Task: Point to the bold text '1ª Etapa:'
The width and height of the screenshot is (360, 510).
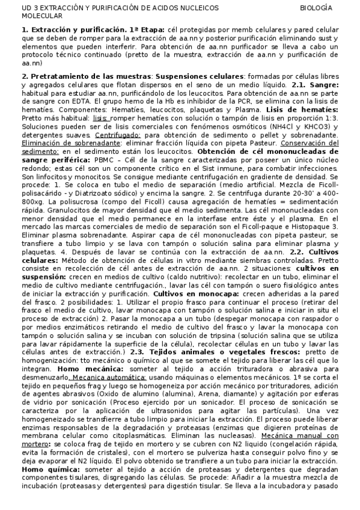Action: coord(148,29)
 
